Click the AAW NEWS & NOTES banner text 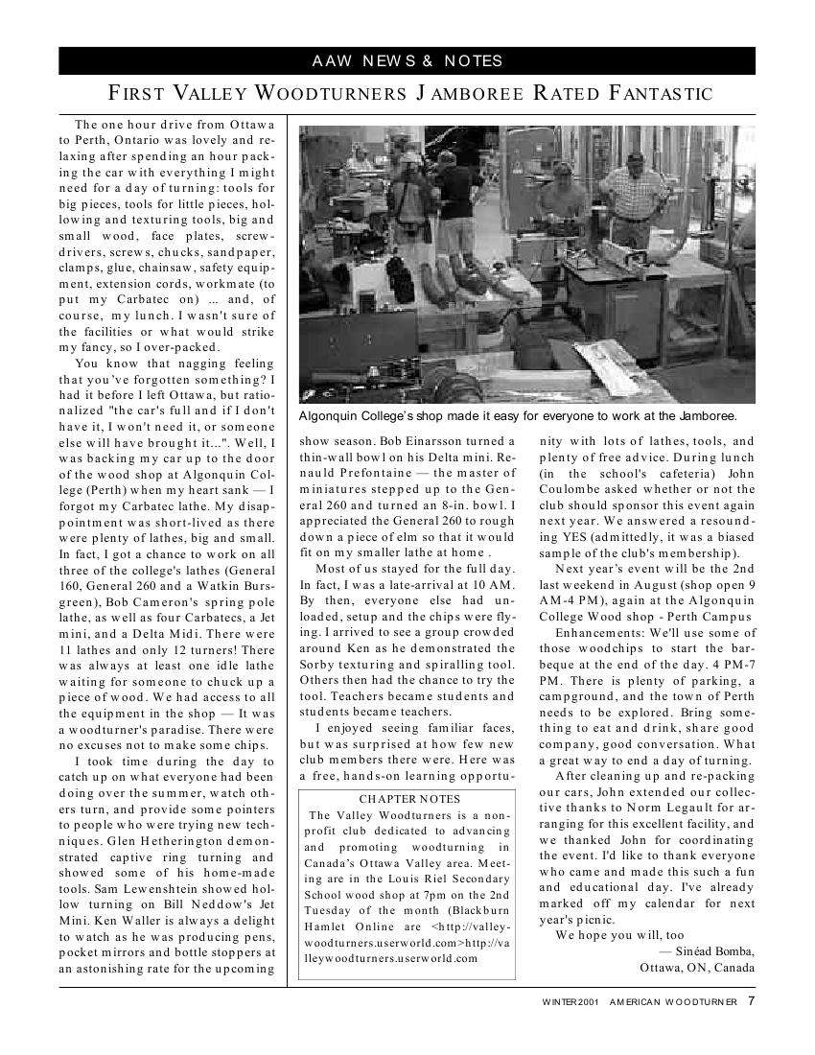(407, 61)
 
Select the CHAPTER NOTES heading (409, 799)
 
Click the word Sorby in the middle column (319, 665)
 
